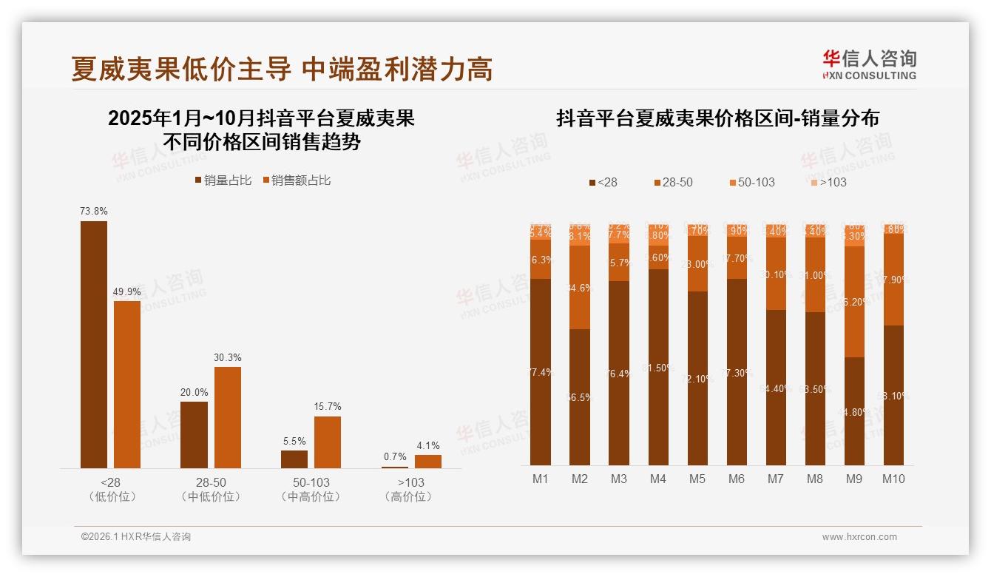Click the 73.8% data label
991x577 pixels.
(x=94, y=212)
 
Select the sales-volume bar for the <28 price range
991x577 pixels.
(x=94, y=344)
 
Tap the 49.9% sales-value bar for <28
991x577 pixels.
(x=127, y=384)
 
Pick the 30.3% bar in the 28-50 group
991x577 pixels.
(x=227, y=417)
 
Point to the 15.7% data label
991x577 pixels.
(x=328, y=407)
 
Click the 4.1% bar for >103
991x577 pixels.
(x=427, y=461)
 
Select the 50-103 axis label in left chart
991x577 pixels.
(x=311, y=482)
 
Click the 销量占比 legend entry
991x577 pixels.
(x=223, y=180)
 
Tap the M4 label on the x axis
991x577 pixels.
(x=658, y=479)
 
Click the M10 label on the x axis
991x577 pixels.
(x=893, y=479)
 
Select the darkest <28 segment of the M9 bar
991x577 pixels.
(x=854, y=411)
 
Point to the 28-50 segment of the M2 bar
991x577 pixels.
(x=580, y=287)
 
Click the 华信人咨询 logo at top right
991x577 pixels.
(x=869, y=64)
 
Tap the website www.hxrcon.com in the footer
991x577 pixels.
(x=859, y=537)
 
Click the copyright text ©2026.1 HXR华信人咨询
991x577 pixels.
(x=136, y=537)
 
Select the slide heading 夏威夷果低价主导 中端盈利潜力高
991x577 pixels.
(x=282, y=70)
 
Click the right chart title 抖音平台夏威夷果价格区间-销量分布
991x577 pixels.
(x=717, y=118)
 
